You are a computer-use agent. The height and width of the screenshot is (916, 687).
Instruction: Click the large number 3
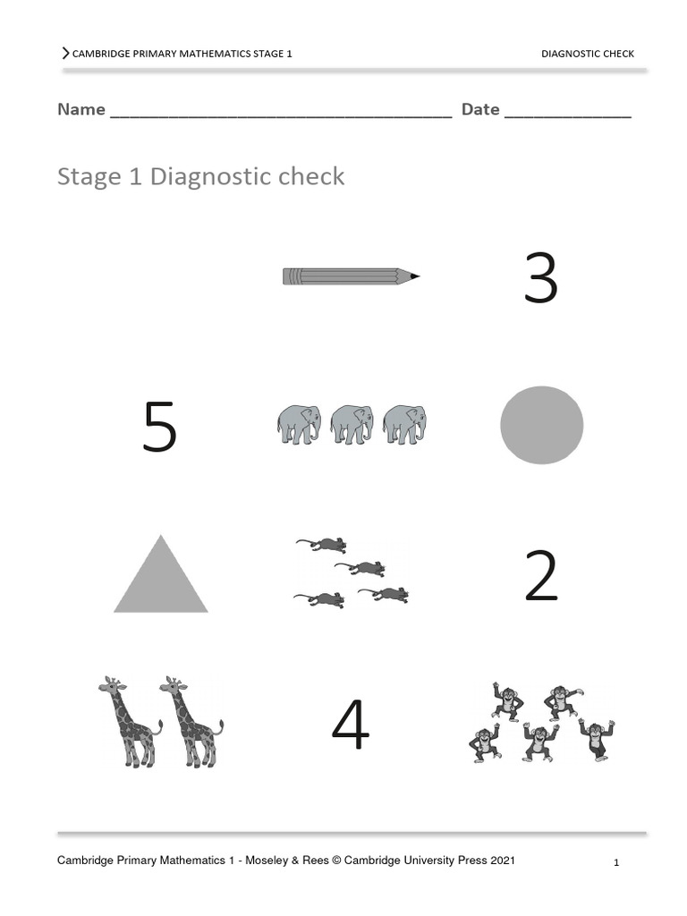click(540, 278)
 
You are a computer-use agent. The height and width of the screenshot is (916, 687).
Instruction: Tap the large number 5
click(160, 428)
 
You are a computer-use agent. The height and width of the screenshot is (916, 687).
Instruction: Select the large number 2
click(540, 576)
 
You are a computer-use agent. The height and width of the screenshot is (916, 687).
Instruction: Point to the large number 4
click(351, 725)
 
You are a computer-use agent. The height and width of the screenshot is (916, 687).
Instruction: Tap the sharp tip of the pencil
click(416, 276)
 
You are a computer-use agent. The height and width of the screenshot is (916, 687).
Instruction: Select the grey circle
click(541, 425)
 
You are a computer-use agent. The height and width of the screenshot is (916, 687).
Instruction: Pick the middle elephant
click(351, 424)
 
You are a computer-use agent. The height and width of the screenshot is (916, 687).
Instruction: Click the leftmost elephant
click(299, 424)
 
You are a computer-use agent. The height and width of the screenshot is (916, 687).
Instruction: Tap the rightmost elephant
click(404, 424)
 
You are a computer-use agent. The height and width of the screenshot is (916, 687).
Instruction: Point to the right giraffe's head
click(174, 686)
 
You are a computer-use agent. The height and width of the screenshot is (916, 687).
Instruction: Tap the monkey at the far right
click(596, 738)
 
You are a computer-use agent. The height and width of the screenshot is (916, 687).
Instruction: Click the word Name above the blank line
click(81, 109)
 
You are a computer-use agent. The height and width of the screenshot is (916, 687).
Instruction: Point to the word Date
click(480, 109)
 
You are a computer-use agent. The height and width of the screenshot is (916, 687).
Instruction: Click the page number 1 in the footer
click(616, 863)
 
